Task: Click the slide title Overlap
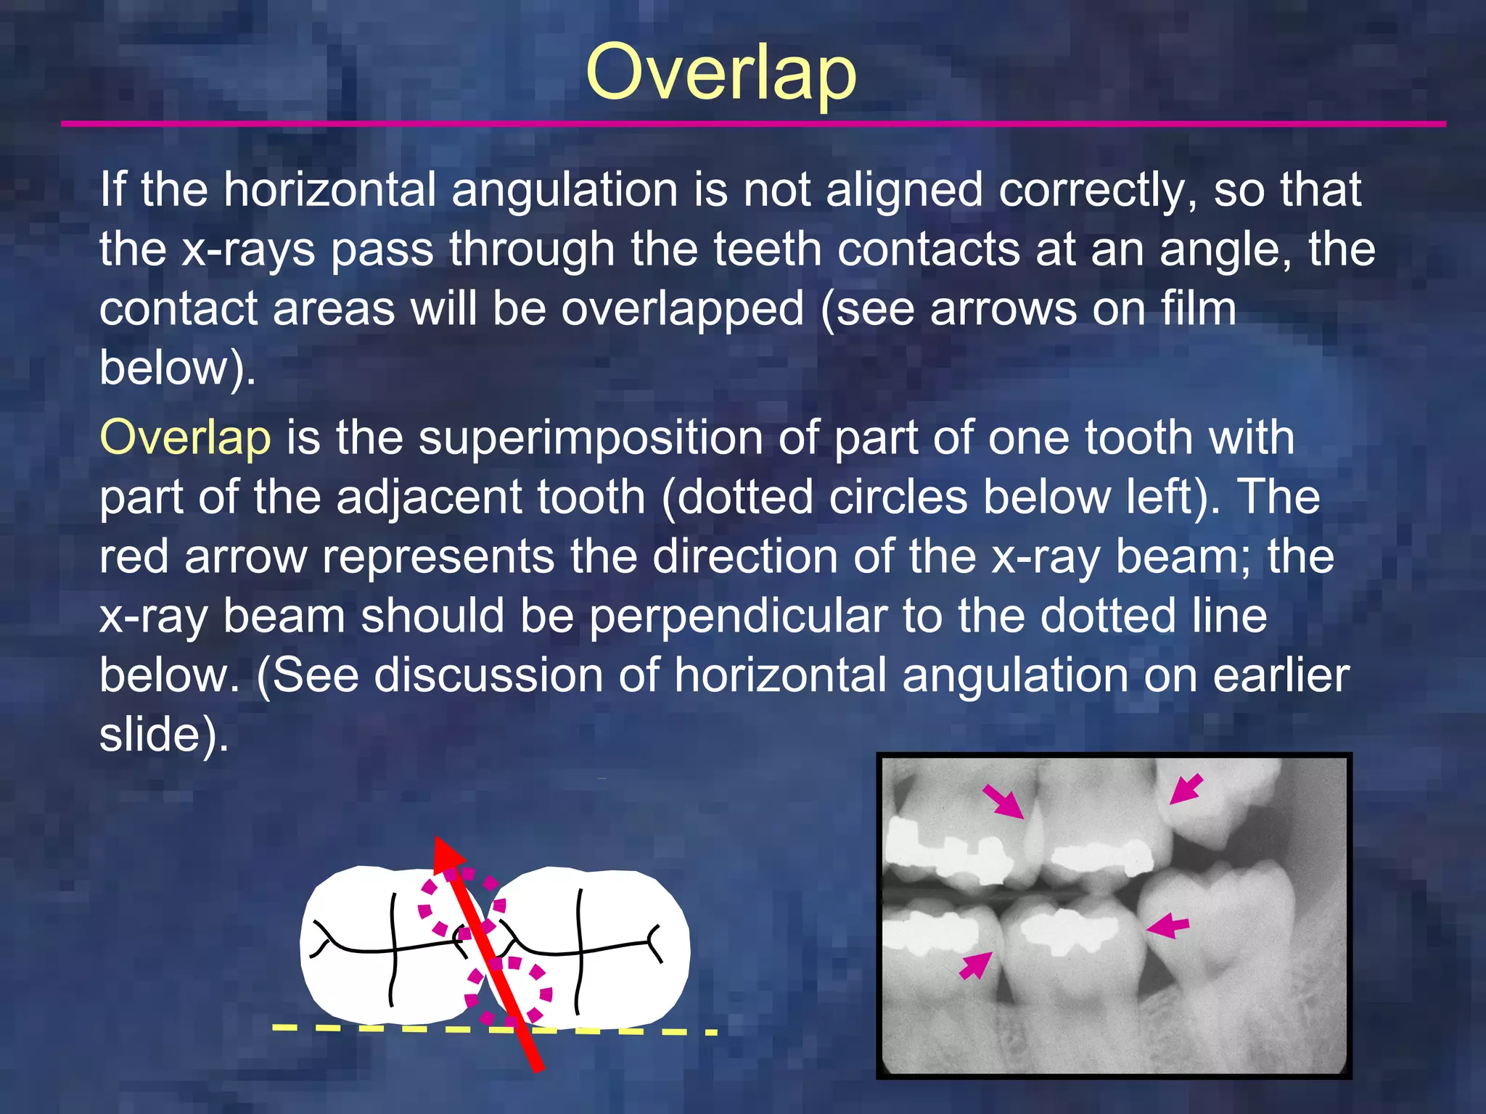pyautogui.click(x=721, y=73)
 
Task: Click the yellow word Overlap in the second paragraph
pyautogui.click(x=185, y=438)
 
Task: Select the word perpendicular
pyautogui.click(x=738, y=616)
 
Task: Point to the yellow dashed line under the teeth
pyautogui.click(x=363, y=1028)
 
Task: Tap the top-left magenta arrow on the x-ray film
pyautogui.click(x=1003, y=801)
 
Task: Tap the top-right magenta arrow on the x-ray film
pyautogui.click(x=1186, y=789)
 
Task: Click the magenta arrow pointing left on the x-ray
pyautogui.click(x=1167, y=926)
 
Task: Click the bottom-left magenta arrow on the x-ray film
pyautogui.click(x=977, y=965)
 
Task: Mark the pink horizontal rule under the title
pyautogui.click(x=752, y=124)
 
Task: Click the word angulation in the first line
pyautogui.click(x=565, y=189)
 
